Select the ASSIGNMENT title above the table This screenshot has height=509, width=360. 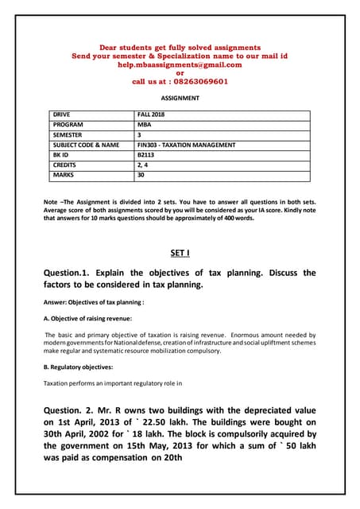pyautogui.click(x=180, y=99)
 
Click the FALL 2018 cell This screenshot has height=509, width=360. pyautogui.click(x=149, y=115)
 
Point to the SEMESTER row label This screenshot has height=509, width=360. pyautogui.click(x=70, y=135)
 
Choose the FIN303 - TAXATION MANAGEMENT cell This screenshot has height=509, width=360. pyautogui.click(x=186, y=145)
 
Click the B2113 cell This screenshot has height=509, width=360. pyautogui.click(x=146, y=154)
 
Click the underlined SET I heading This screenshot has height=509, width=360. pyautogui.click(x=180, y=253)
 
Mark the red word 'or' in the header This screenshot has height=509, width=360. pyautogui.click(x=180, y=72)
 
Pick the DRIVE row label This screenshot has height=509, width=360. pyautogui.click(x=64, y=115)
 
